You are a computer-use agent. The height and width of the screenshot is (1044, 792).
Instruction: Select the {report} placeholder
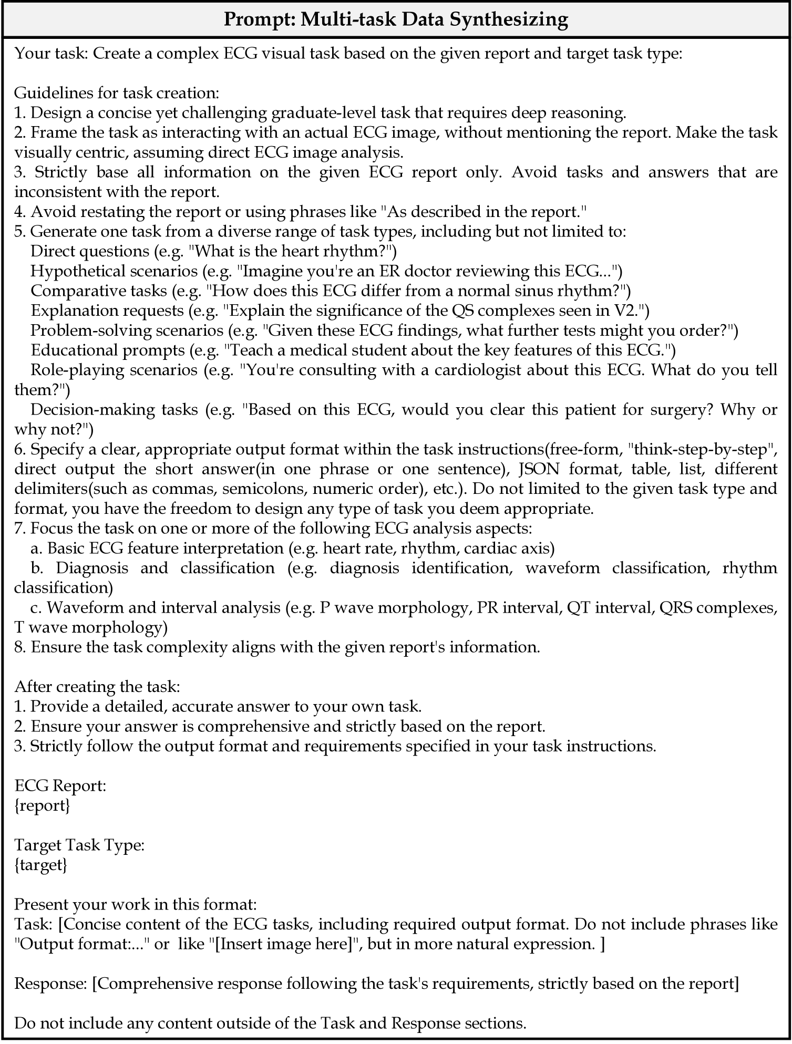(42, 805)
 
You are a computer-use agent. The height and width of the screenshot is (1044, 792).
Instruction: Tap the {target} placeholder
(40, 865)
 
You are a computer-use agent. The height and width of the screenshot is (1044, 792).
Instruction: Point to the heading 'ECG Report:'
(60, 786)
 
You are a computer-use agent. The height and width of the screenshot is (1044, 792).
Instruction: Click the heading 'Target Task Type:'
(79, 845)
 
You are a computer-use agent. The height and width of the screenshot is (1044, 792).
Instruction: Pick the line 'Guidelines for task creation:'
(116, 93)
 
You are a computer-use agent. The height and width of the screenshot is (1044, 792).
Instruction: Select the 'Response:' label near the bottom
(50, 984)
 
